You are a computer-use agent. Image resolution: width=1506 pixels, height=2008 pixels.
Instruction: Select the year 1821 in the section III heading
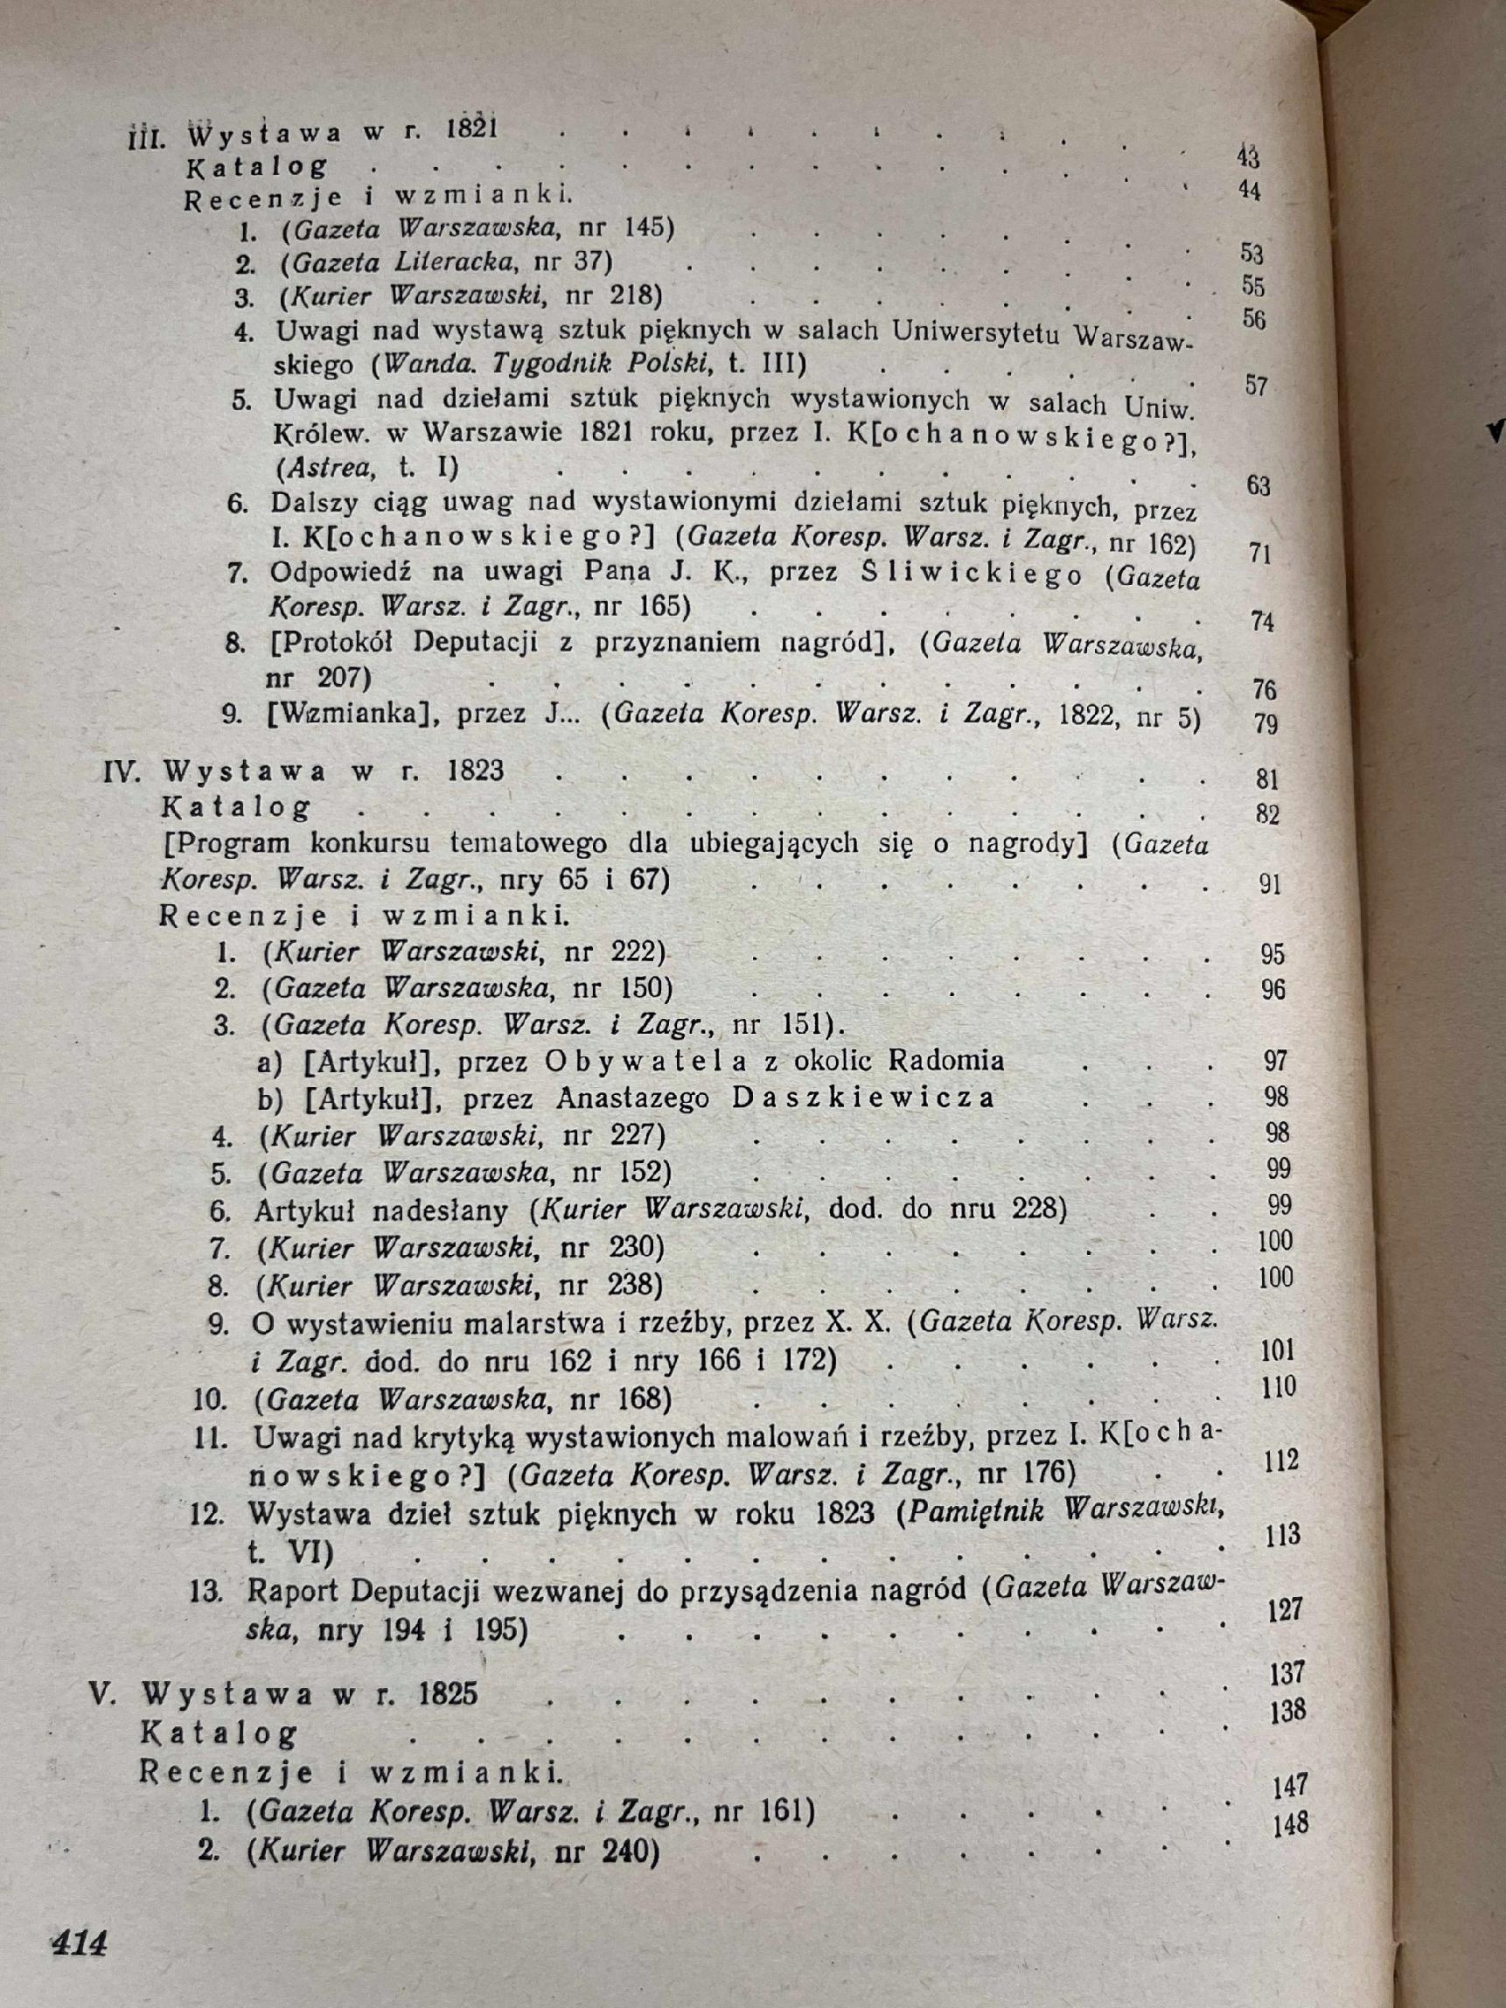point(472,129)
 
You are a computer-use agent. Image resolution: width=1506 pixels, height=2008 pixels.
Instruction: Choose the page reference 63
point(1258,485)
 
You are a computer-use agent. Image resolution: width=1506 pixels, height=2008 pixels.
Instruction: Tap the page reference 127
point(1284,1609)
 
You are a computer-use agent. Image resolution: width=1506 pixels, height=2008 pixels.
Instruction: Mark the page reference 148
point(1289,1797)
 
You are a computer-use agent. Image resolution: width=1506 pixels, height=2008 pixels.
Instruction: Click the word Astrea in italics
point(318,469)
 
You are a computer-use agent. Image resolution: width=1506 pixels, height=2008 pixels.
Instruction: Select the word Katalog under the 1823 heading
point(236,807)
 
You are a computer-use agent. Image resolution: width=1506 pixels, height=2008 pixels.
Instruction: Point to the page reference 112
point(1280,1461)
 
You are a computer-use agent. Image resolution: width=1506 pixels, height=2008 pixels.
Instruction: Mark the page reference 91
point(1270,883)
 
